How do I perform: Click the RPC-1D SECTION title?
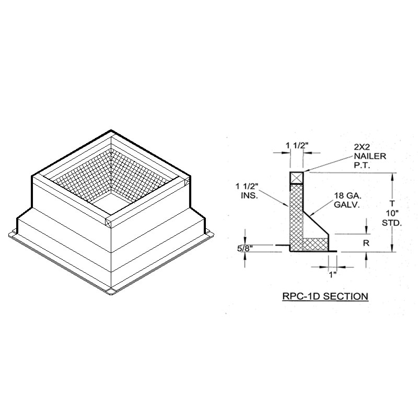tap(325, 296)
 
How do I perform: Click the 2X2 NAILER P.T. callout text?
tap(370, 156)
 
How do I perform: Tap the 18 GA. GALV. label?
tap(348, 201)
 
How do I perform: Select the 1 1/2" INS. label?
tap(247, 191)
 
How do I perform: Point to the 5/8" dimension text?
tap(245, 249)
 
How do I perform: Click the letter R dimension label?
tap(366, 243)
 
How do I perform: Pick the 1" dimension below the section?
tap(332, 274)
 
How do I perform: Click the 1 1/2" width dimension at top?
tap(297, 146)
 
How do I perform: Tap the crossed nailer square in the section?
tap(296, 178)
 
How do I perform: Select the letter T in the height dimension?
tap(392, 203)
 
